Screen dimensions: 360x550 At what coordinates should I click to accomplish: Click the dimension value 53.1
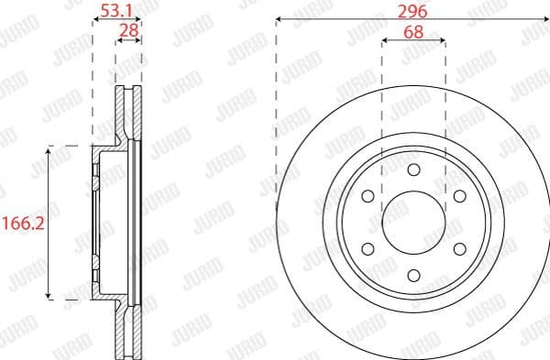[117, 11]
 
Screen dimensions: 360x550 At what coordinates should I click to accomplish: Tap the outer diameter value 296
[412, 11]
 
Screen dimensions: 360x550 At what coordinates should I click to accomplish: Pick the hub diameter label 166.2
[23, 221]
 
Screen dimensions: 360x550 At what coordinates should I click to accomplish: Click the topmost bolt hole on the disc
[412, 170]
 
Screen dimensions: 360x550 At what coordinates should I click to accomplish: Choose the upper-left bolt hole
[368, 196]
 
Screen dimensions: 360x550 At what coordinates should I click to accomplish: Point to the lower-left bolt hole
[368, 247]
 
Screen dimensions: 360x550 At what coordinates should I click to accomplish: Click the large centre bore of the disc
[412, 222]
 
